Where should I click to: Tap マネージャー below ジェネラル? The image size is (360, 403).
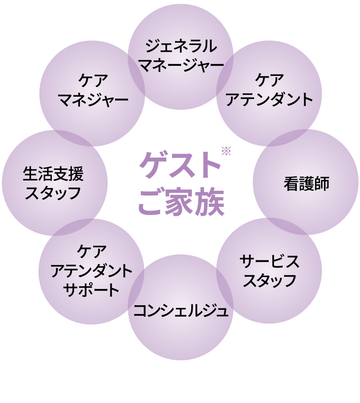click(x=181, y=64)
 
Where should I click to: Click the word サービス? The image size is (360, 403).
click(x=270, y=262)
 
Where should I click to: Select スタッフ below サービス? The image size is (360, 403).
click(x=270, y=280)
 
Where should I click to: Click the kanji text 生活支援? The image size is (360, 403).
click(x=54, y=173)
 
